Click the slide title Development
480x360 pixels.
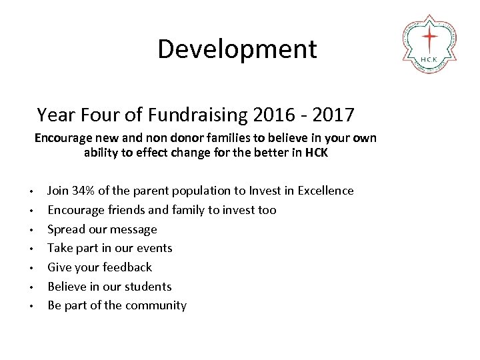tap(237, 49)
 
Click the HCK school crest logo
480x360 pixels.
tap(430, 42)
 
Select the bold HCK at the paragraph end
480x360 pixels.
tap(317, 152)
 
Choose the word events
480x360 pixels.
tap(154, 248)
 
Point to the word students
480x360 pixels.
tap(149, 287)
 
